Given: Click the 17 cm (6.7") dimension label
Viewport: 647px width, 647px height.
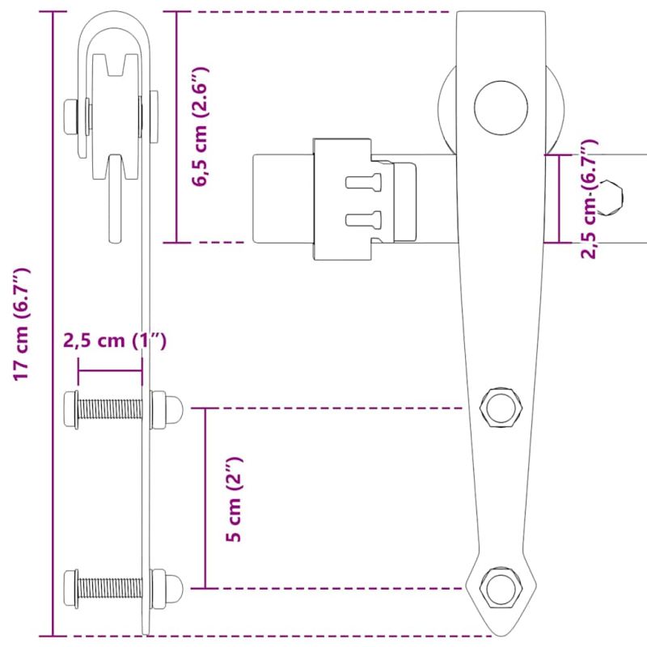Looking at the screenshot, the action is [22, 324].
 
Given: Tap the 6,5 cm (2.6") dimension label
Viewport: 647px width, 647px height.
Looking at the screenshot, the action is [201, 126].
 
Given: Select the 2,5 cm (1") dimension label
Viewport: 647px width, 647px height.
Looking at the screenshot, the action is [115, 340].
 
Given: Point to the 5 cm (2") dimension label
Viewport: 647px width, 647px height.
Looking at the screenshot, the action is [234, 499].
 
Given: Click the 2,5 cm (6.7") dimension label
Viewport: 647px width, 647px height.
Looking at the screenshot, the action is [589, 199].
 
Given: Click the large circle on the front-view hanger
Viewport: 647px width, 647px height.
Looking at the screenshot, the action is [501, 108].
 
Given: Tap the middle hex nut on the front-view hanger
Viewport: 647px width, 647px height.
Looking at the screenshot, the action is [501, 408].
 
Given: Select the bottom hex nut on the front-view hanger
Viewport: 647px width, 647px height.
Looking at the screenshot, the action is [501, 588].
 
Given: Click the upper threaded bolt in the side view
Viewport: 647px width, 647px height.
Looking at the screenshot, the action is [110, 408].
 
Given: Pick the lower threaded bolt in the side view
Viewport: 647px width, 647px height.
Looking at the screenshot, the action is [110, 588].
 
